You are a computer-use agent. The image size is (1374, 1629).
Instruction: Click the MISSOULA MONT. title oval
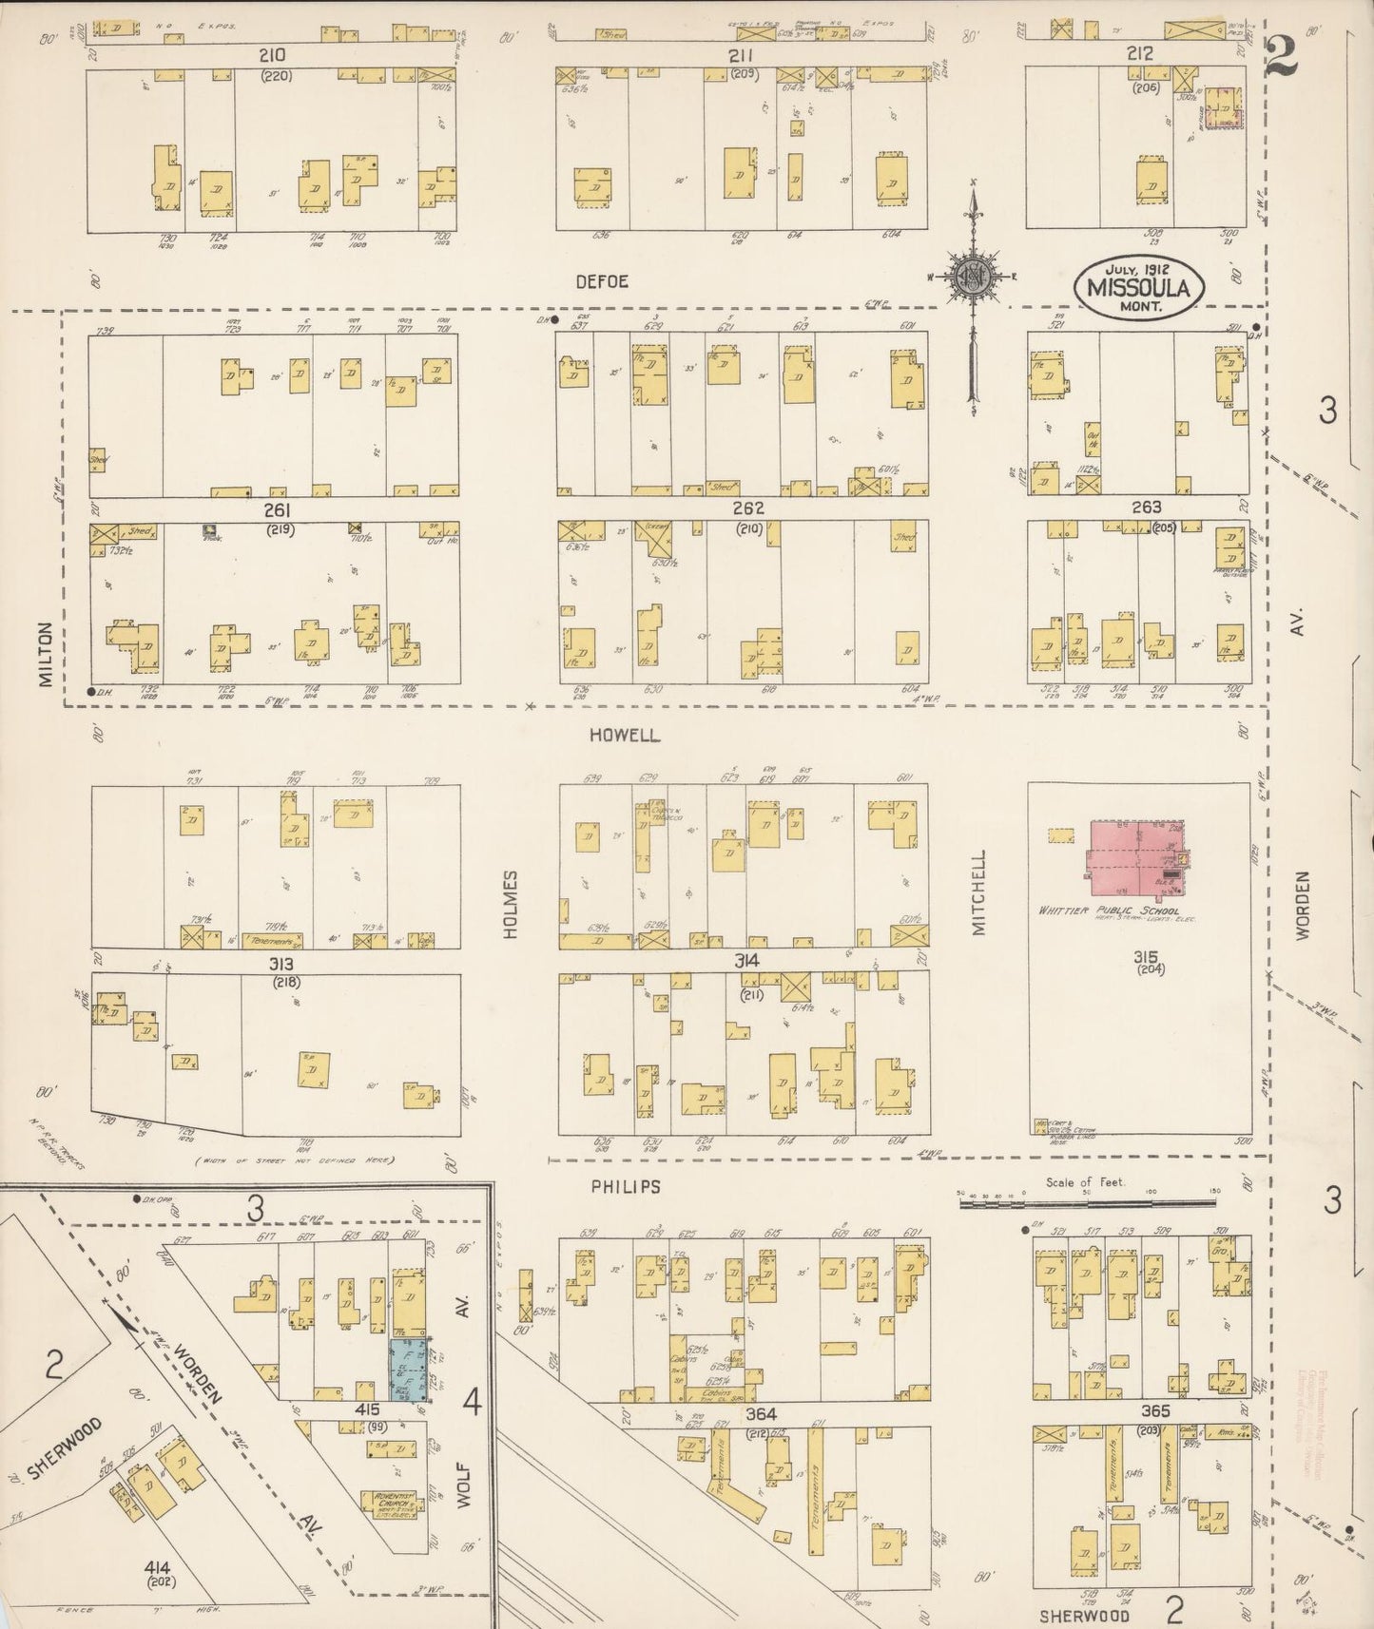click(x=1139, y=286)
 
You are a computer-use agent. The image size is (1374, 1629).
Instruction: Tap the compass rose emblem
click(x=974, y=277)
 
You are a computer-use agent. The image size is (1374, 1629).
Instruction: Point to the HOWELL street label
click(x=624, y=736)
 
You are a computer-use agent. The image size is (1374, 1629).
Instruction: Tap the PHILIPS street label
click(x=625, y=1187)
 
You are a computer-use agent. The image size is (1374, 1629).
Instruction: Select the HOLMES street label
click(x=510, y=905)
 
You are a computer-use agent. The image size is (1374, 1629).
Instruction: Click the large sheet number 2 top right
click(x=1284, y=62)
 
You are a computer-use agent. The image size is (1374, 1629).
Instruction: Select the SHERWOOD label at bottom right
click(x=1084, y=1615)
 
